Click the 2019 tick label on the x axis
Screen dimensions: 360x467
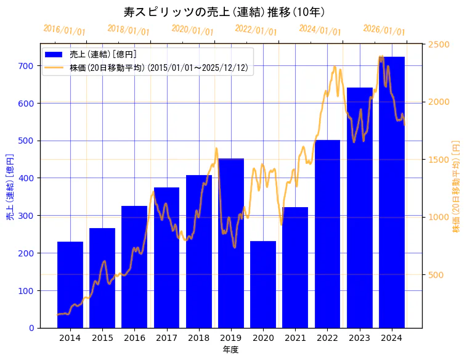point(231,338)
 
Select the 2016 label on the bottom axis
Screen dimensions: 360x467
point(134,338)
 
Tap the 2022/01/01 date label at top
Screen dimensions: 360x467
point(256,30)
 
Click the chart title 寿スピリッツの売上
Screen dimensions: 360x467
point(224,12)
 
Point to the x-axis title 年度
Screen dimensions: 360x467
point(230,350)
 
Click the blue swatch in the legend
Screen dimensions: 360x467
point(54,55)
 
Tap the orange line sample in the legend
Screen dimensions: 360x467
point(54,68)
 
